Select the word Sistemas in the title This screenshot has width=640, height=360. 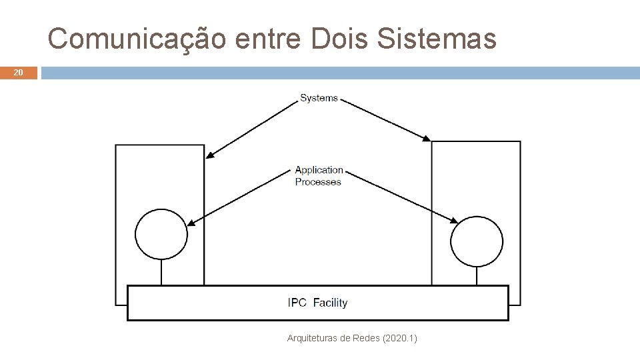(437, 39)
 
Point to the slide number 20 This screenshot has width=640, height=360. (19, 73)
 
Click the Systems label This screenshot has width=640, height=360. (319, 98)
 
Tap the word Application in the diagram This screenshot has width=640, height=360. (319, 170)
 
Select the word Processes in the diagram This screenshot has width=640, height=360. (318, 182)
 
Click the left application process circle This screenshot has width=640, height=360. (161, 235)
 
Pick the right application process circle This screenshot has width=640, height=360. (477, 240)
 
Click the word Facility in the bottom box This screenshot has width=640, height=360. (330, 303)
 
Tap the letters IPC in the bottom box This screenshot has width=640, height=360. (297, 303)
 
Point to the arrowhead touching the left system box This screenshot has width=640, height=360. (209, 157)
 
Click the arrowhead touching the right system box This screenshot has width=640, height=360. (427, 138)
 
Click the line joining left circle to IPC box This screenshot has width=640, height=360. (161, 273)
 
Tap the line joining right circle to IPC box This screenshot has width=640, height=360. (477, 275)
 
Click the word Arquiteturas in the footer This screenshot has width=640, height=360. (311, 339)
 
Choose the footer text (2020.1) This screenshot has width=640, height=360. (400, 339)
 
